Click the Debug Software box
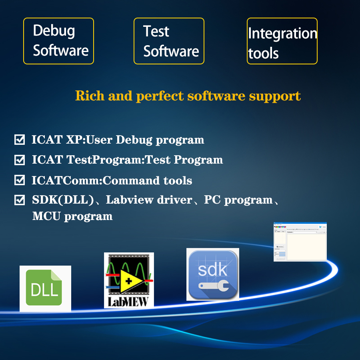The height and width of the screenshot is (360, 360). pos(58,41)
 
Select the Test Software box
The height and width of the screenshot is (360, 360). pos(169,41)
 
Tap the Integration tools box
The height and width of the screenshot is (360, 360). pos(282,41)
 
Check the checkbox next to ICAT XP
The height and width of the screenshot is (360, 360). pos(19,140)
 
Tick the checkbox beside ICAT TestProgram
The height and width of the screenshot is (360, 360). pos(19,160)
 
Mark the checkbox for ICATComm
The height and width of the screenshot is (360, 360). pos(19,180)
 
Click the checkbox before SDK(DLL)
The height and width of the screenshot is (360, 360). pos(19,200)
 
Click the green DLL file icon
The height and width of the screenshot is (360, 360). pos(45,288)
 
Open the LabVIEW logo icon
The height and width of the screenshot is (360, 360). pos(129,280)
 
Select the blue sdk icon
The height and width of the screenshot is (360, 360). pos(213,274)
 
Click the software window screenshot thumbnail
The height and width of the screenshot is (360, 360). pos(300,242)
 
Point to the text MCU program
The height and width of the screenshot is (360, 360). pos(72,216)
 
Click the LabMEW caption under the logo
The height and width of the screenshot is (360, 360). pos(129,301)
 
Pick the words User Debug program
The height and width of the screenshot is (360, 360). pos(145,140)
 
